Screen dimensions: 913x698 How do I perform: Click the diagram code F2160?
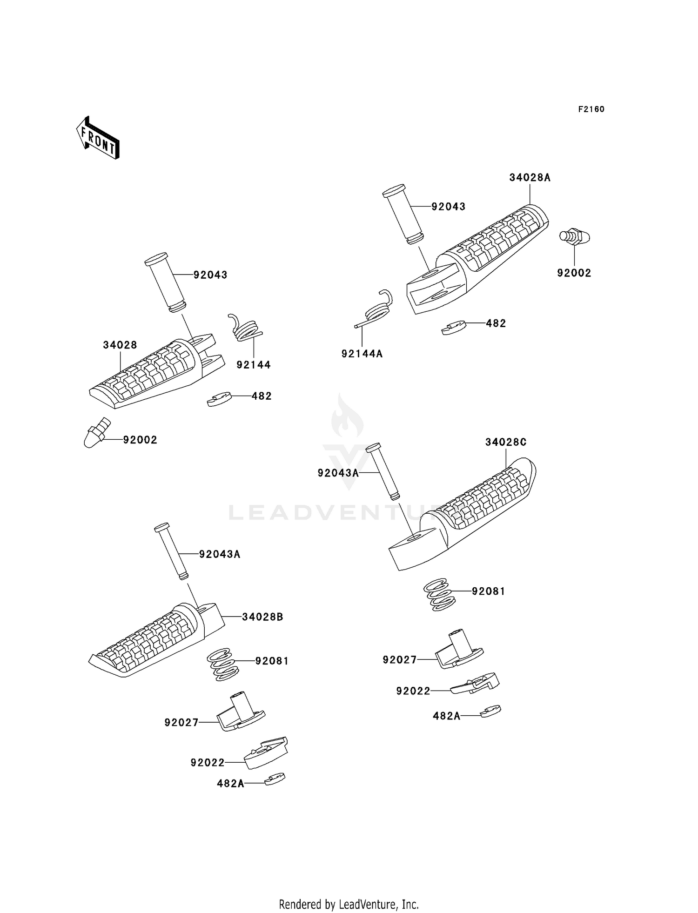point(591,109)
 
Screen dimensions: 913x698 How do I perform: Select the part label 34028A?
point(530,178)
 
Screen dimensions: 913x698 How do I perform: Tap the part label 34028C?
point(506,442)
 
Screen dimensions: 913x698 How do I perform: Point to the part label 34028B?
point(262,617)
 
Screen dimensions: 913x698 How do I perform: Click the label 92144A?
point(362,354)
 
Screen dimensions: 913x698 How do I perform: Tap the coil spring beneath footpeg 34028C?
point(437,594)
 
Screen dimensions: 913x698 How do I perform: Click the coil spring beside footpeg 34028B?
point(222,665)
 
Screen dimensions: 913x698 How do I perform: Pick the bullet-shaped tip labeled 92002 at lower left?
point(96,433)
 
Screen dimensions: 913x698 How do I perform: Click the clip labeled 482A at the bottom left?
point(275,779)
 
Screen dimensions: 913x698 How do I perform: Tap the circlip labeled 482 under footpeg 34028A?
point(454,328)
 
